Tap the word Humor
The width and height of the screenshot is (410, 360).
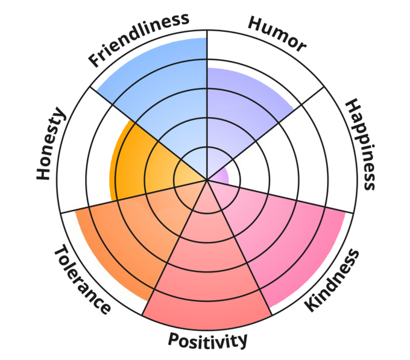(x=277, y=33)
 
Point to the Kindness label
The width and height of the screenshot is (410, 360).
(x=332, y=280)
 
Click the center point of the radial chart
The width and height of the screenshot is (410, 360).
(x=207, y=179)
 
